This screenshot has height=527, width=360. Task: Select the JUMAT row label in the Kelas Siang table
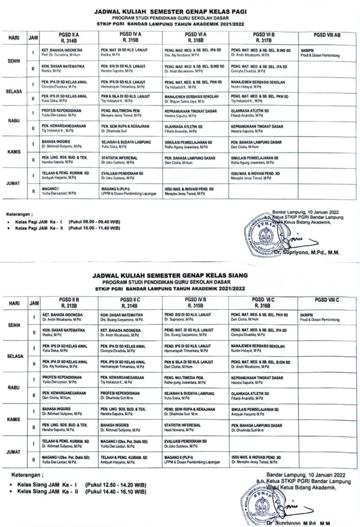click(x=13, y=451)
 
